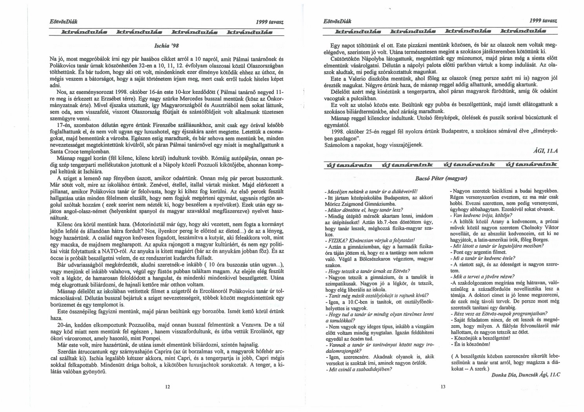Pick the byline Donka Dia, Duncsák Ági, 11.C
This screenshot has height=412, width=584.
click(x=525, y=374)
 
